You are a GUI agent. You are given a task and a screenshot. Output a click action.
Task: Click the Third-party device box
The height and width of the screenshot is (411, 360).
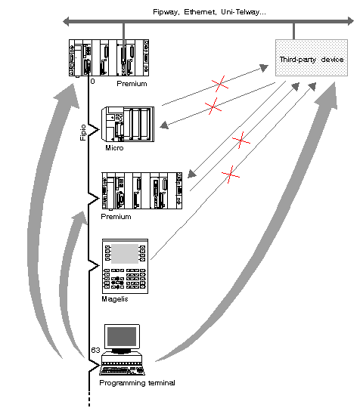coord(312,57)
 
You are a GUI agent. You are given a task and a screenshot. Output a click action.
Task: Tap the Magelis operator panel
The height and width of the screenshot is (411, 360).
coord(125,266)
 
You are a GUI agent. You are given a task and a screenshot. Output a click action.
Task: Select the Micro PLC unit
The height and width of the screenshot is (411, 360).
coord(128,124)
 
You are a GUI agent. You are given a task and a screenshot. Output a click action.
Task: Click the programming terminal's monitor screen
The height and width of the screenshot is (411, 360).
coord(122,336)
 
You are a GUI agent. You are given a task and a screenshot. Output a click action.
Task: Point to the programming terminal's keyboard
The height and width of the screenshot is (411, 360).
coord(123,371)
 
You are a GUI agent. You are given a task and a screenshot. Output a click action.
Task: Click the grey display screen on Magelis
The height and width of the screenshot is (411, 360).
coord(125,253)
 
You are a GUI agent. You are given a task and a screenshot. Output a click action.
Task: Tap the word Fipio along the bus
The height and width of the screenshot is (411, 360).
coord(83,132)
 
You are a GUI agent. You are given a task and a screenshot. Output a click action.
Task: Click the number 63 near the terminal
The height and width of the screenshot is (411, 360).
coord(95,350)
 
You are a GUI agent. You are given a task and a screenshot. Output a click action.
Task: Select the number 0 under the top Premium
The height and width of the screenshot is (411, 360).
coord(92,82)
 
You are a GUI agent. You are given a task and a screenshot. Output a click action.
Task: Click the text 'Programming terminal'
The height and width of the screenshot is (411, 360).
coord(137,383)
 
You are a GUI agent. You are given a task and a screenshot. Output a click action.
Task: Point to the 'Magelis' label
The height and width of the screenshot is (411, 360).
coord(115,299)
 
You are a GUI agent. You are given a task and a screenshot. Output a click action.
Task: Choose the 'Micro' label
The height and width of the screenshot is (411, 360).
coord(114,148)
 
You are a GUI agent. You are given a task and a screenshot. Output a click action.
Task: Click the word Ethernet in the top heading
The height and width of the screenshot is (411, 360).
coord(200,12)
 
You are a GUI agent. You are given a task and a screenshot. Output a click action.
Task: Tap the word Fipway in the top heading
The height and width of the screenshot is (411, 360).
coord(166,12)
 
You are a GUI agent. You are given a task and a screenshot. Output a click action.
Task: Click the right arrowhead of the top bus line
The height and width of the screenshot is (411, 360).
coord(351,21)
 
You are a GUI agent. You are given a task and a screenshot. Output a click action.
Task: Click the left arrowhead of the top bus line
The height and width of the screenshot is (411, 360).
coord(66,21)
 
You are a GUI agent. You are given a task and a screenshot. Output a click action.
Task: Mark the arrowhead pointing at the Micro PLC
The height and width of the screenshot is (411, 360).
coord(164,125)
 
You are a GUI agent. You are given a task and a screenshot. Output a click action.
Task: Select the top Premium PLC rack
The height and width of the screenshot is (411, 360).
coord(109,58)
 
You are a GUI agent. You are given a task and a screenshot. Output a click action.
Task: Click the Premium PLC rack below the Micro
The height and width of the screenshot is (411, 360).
coord(142,191)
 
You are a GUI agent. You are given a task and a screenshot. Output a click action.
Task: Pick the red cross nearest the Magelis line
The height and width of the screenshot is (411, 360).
coord(231,175)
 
